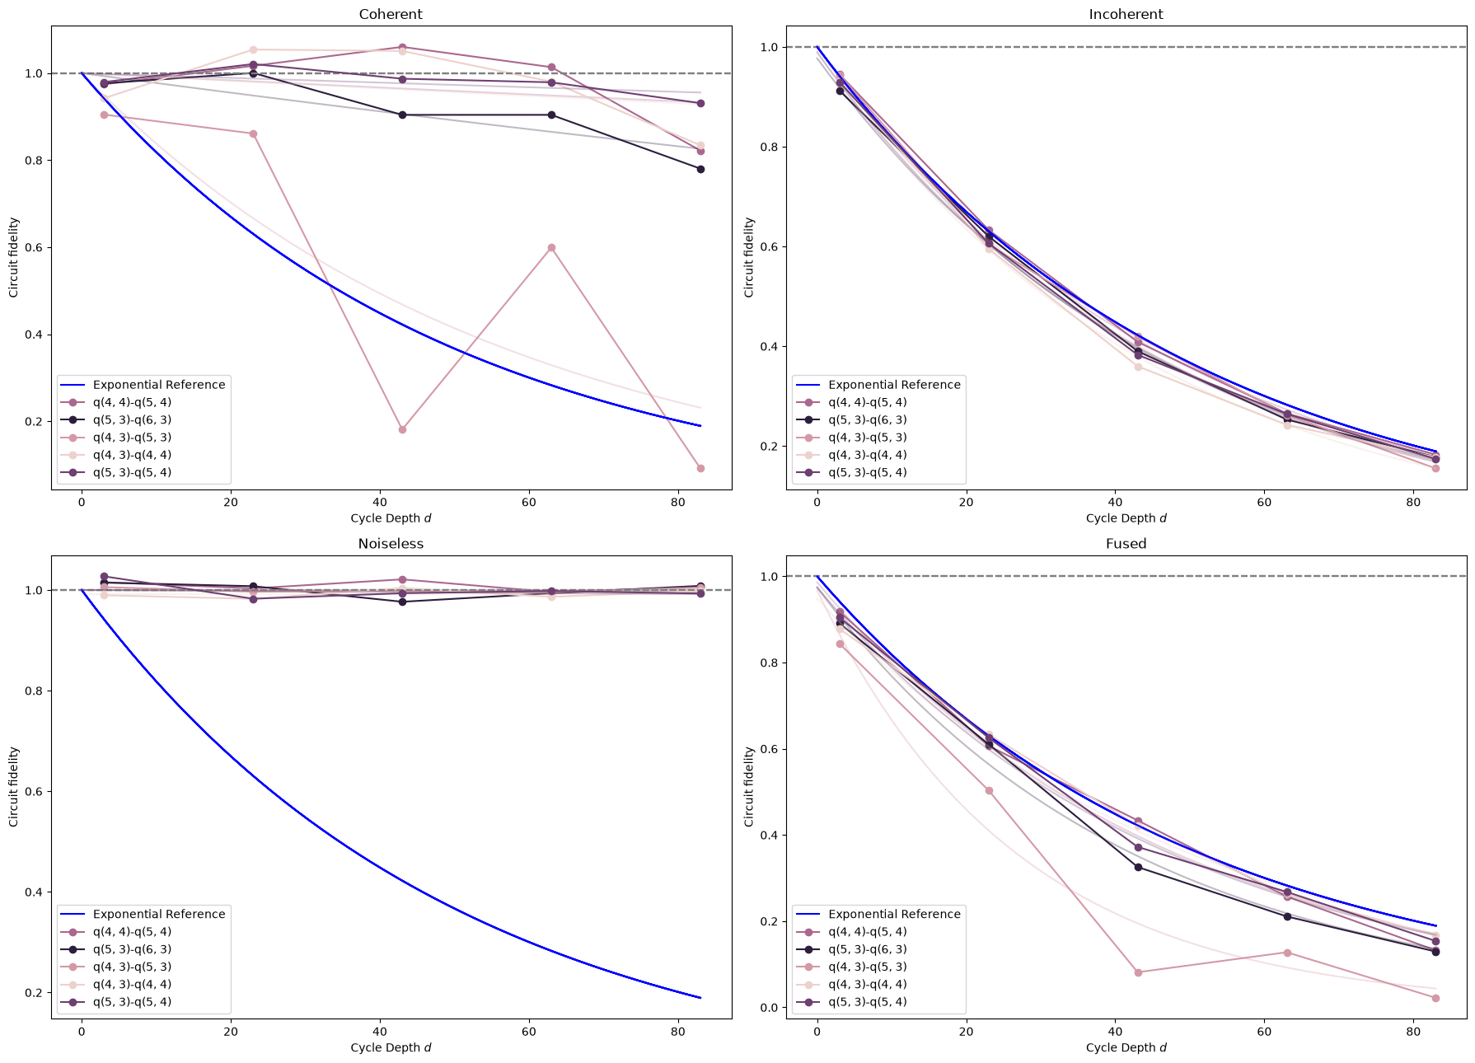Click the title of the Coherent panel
(x=391, y=14)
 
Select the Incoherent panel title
(x=1126, y=14)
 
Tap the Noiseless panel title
(x=391, y=544)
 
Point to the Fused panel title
(x=1126, y=544)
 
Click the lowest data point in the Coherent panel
(x=700, y=468)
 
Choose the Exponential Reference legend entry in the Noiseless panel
(x=141, y=914)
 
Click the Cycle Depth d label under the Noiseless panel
(x=391, y=1047)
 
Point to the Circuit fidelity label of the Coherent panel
(x=14, y=257)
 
